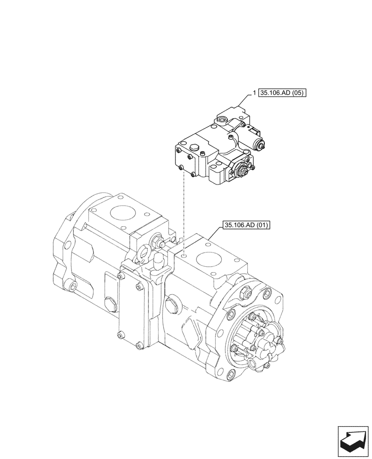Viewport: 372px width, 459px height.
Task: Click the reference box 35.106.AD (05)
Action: (x=282, y=93)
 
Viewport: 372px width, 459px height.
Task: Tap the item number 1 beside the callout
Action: (x=254, y=93)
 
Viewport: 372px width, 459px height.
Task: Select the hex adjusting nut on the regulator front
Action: (x=241, y=172)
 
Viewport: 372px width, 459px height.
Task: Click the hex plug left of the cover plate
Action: (x=110, y=303)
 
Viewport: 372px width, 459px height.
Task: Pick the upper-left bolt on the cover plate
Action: (x=121, y=276)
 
